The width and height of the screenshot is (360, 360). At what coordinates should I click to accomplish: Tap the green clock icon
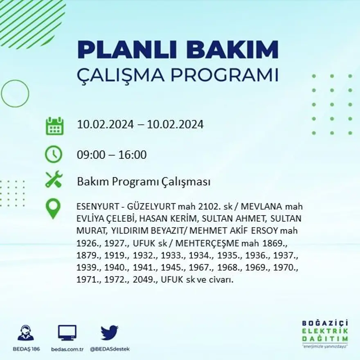click(x=54, y=154)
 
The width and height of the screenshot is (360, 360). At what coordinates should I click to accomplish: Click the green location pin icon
click(x=53, y=208)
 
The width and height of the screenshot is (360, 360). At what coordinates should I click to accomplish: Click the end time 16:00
click(x=133, y=155)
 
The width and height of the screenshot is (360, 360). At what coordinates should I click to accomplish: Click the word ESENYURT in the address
click(x=96, y=207)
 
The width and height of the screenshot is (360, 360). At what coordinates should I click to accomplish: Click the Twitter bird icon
click(x=109, y=333)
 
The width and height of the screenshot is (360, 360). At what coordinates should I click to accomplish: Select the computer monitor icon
click(x=67, y=333)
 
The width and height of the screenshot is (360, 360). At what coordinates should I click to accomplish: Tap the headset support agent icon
click(x=26, y=333)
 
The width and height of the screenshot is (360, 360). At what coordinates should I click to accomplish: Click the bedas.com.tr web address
click(x=67, y=349)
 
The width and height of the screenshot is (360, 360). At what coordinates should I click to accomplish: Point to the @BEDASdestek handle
click(x=110, y=349)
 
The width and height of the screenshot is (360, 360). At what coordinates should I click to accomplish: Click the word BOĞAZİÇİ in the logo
click(x=325, y=323)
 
